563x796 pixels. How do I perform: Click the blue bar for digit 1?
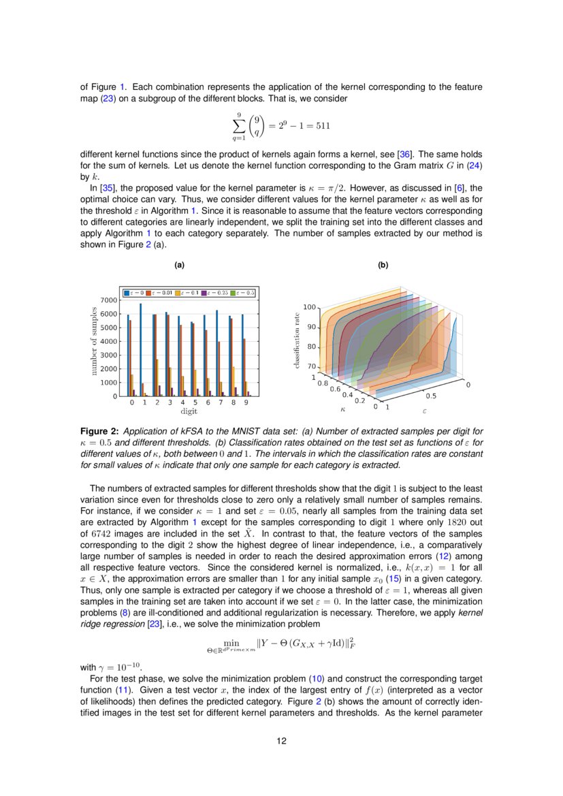coord(140,350)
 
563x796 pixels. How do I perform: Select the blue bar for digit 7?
coord(216,353)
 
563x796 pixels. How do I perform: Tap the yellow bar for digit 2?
coord(157,378)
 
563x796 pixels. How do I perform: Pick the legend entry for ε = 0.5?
coord(242,292)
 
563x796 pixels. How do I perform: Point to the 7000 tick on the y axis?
coord(108,300)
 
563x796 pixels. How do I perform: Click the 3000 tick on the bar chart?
coord(108,355)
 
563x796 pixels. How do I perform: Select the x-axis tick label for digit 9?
coord(246,403)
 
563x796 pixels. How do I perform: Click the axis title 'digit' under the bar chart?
coord(189,411)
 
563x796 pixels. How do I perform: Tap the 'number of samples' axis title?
coord(94,340)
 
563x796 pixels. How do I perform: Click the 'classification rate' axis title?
coord(297,340)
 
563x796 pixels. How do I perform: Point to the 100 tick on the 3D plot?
coord(309,308)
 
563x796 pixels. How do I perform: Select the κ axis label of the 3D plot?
coord(342,409)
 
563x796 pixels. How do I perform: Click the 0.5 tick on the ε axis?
coord(431,396)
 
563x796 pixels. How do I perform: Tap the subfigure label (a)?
coord(180,265)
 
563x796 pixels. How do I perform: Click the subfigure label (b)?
coord(383,265)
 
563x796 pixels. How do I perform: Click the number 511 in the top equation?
coord(321,126)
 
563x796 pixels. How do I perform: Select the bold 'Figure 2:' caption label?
coord(99,431)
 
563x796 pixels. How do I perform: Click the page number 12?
coord(281,742)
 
